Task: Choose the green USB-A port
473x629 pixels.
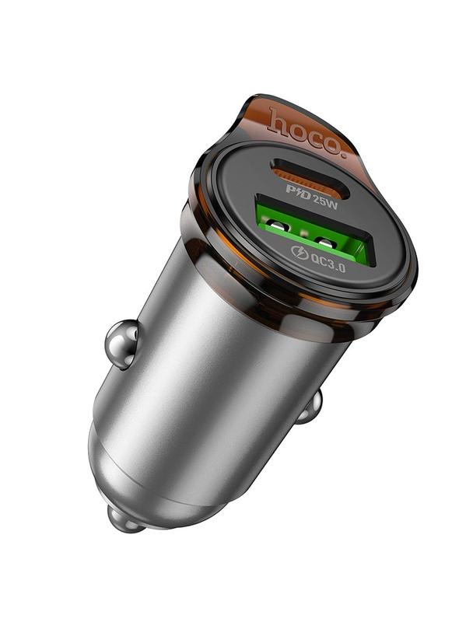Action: pos(311,231)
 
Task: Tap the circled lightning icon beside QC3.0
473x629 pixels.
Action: pos(300,252)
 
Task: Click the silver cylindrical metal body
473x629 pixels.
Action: pos(218,373)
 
